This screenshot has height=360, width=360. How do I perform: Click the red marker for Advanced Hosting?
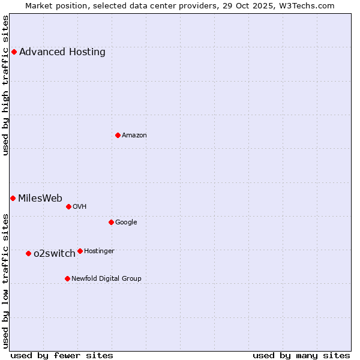click(x=14, y=52)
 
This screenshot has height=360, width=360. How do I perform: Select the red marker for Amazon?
click(x=118, y=135)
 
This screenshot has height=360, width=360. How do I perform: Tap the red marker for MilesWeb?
click(x=13, y=198)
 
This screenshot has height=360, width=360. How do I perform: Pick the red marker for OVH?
click(x=68, y=206)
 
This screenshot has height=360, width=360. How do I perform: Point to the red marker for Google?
click(x=111, y=222)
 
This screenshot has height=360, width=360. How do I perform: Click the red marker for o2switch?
click(x=28, y=253)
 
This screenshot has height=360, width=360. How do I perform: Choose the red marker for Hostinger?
click(x=80, y=251)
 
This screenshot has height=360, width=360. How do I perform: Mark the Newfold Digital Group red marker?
click(x=67, y=278)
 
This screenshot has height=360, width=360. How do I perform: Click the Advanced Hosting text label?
click(x=62, y=52)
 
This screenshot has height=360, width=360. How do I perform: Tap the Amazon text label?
click(x=134, y=135)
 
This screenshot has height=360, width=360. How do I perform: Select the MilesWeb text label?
click(x=40, y=198)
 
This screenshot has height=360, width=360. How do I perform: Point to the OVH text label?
click(x=80, y=206)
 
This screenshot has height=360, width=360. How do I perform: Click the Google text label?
click(x=126, y=222)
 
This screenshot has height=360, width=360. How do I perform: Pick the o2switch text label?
click(x=55, y=253)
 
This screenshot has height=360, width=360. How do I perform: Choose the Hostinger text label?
click(x=99, y=251)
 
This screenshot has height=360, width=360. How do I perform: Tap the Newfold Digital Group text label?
click(x=106, y=278)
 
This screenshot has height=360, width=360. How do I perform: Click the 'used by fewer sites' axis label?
click(x=62, y=355)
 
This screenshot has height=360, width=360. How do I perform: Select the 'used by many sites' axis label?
click(x=301, y=355)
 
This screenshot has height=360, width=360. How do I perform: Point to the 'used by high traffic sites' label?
click(x=6, y=85)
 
